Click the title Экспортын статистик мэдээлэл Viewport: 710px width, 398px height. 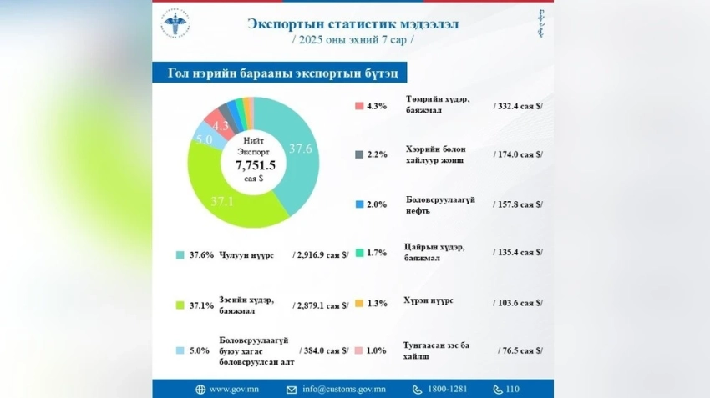coord(352,23)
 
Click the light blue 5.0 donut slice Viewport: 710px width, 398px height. coord(204,139)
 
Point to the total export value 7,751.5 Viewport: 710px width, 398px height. coord(255,166)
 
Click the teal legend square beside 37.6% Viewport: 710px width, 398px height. coord(180,255)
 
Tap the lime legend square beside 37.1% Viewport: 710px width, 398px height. coord(180,305)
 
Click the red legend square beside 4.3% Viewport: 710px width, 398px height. coord(358,106)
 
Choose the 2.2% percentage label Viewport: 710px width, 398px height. coord(377,155)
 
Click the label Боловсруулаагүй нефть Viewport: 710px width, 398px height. coord(440,205)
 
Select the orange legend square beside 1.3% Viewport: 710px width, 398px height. coord(358,303)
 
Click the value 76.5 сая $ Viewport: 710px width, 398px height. coord(520,351)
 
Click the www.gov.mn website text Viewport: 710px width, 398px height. coord(232,389)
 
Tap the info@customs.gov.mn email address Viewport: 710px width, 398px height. coord(344,389)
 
